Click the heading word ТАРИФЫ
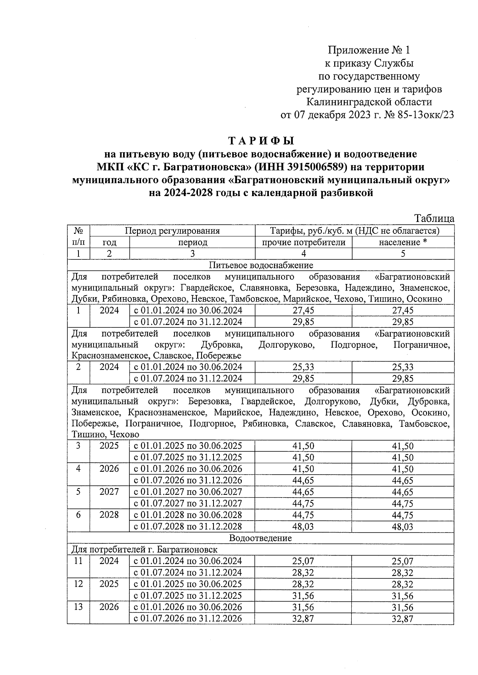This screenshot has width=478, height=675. coord(261,141)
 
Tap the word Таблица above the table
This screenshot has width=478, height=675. coord(434,218)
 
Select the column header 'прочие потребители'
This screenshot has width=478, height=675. coord(304,242)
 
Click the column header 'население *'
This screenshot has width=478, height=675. coord(403,242)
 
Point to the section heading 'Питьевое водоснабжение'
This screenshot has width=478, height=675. coord(261,265)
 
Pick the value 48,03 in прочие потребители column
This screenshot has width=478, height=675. coord(303,527)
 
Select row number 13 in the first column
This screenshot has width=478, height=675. coord(78,607)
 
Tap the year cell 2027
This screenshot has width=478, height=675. coord(109,492)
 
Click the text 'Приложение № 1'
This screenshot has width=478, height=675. coord(368,50)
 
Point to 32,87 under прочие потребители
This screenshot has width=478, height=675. coord(303,619)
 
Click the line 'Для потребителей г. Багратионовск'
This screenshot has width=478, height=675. coord(144,550)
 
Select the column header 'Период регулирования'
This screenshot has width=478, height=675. coord(172,231)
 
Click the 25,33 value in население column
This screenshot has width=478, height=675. coord(403,367)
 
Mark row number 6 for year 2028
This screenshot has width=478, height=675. coord(78,515)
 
